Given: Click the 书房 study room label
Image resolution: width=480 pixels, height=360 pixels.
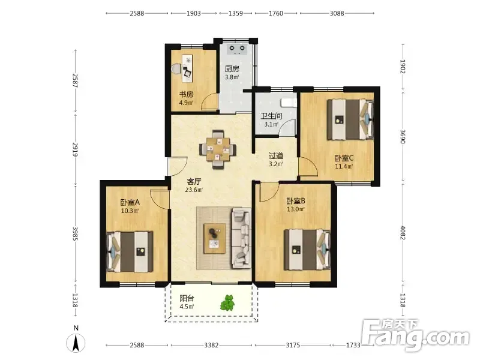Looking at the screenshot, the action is [186, 94].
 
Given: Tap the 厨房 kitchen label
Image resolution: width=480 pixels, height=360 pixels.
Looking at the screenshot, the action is [232, 69].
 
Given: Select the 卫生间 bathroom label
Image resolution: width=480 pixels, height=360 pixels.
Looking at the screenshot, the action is [271, 116].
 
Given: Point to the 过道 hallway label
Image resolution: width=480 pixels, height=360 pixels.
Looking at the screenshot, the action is [276, 156].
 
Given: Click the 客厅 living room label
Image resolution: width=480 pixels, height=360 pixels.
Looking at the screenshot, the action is [194, 182].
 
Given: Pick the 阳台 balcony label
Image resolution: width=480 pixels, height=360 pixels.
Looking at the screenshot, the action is [187, 298].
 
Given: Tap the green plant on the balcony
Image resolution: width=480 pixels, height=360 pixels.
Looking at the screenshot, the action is [228, 303].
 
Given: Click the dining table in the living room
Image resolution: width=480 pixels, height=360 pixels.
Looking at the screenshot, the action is [218, 149].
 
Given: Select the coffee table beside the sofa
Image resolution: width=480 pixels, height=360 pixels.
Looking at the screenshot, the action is [215, 238].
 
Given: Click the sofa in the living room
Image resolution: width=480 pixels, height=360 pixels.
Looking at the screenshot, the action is [242, 238].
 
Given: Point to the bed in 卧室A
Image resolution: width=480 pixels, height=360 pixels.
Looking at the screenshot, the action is [129, 252].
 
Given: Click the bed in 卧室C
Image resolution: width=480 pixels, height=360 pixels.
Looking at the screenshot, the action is [351, 119].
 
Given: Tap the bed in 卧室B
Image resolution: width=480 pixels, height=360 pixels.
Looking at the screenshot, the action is [308, 250].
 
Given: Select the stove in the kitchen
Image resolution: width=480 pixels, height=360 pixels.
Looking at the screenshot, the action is [237, 49].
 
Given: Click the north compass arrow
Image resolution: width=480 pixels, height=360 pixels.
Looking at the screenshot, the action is [76, 343].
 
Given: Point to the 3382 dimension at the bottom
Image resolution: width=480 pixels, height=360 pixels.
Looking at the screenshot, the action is [211, 346].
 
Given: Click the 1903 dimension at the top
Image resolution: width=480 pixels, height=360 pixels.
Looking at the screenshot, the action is [194, 13].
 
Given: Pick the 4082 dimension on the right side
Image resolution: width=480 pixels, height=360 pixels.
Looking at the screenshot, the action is [403, 233].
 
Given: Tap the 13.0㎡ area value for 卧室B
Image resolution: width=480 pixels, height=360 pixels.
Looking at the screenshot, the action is [296, 209].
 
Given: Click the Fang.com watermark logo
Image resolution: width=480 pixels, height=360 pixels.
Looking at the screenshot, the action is [415, 335].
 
